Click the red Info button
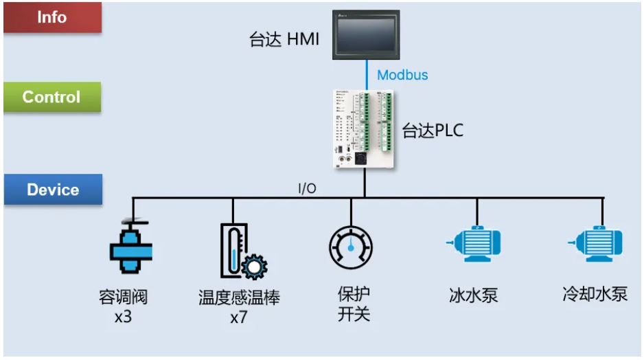point(52,17)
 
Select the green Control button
point(52,97)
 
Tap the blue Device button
point(53,190)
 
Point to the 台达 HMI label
point(284,39)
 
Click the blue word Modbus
point(402,75)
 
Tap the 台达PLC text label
point(433,131)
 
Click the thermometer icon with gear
point(242,251)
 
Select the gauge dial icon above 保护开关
point(351,247)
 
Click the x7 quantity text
point(239,318)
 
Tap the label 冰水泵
point(473,296)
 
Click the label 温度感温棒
point(240,298)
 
